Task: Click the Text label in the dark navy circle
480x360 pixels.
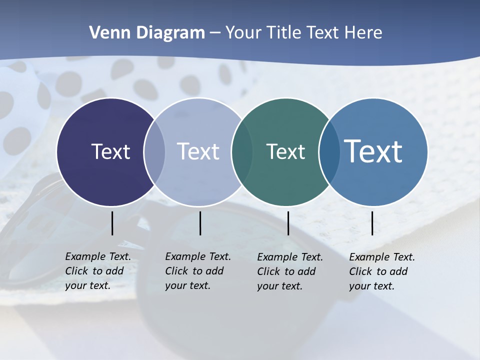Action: point(110,151)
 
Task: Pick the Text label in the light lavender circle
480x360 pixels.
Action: point(198,151)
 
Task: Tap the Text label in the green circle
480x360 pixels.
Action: point(285,151)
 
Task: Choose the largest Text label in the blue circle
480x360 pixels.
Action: point(373,151)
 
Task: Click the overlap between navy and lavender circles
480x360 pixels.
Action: point(154,151)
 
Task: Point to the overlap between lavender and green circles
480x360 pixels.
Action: point(242,151)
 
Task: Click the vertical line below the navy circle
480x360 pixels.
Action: point(112,223)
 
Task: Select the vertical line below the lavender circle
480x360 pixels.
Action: point(200,223)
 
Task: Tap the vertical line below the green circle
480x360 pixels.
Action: point(288,223)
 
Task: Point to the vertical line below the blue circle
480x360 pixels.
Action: point(372,223)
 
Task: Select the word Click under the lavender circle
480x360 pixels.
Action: point(176,271)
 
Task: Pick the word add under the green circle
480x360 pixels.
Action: point(306,271)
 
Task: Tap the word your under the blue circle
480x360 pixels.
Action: point(359,286)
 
